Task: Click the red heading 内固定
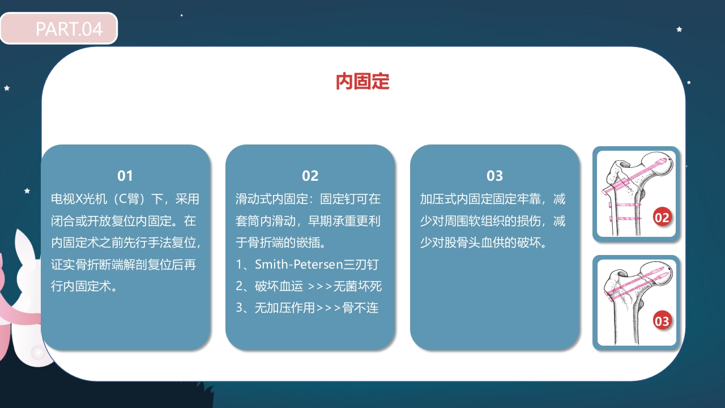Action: tap(362, 82)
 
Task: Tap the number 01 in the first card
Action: tap(125, 176)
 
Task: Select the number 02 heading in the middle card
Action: tap(310, 176)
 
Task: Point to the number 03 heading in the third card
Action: tap(494, 176)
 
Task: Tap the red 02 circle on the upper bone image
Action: tap(662, 217)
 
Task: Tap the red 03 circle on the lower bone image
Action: tap(662, 321)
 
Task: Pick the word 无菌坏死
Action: tap(357, 286)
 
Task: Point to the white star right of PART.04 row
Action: tap(679, 29)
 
